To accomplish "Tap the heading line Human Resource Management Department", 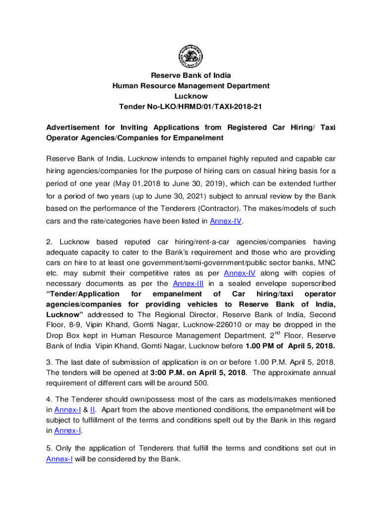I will (x=191, y=86).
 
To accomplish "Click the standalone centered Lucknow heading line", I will (x=191, y=96).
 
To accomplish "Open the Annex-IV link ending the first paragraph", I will (x=226, y=221).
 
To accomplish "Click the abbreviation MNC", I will (x=325, y=262).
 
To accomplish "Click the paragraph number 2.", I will (x=49, y=242).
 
